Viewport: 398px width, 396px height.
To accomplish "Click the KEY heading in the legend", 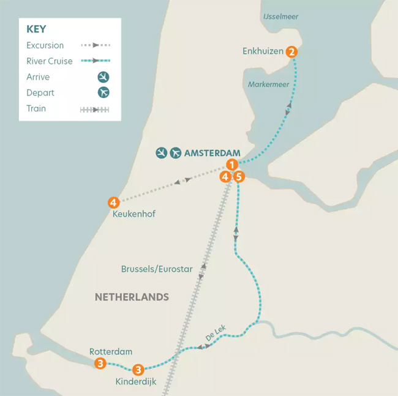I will click(x=36, y=29).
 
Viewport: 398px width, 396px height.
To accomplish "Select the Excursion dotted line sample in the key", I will click(x=95, y=45).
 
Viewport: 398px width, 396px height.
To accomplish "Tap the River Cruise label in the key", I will click(x=50, y=61).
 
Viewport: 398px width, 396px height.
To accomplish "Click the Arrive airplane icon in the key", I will click(x=103, y=77).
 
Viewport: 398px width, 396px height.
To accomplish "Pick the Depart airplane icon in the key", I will click(x=103, y=93).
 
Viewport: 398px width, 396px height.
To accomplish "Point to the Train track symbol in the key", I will click(x=95, y=110).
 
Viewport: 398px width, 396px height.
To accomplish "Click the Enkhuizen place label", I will click(x=263, y=52).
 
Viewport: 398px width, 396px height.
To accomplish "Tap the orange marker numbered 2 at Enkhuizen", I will click(x=292, y=52).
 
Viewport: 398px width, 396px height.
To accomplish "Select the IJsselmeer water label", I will click(x=280, y=17).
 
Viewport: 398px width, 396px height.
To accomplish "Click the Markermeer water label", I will click(x=268, y=84).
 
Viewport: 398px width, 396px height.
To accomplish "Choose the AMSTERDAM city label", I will click(x=212, y=153).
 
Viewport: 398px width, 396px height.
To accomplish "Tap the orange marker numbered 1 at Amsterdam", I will click(x=231, y=164).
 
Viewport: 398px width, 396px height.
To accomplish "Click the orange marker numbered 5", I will click(x=239, y=177).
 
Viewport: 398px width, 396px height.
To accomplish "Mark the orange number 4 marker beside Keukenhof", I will click(x=113, y=202).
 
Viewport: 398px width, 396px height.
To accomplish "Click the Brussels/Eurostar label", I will click(x=157, y=269).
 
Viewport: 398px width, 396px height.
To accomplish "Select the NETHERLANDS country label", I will click(x=132, y=297).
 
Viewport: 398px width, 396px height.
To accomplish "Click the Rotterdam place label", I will click(x=111, y=351).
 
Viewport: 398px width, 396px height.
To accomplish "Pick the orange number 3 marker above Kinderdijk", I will click(x=138, y=369).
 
